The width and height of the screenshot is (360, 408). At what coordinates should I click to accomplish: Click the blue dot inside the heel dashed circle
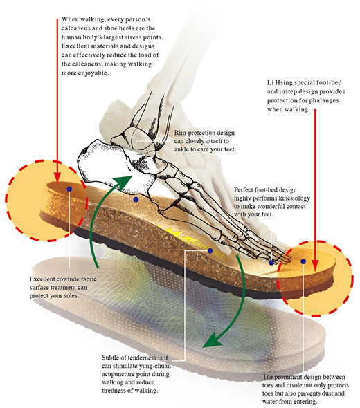tap(69, 189)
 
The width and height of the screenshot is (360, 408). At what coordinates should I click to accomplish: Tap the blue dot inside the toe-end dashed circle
tap(303, 261)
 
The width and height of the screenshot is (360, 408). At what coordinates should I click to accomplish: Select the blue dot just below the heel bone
tap(136, 200)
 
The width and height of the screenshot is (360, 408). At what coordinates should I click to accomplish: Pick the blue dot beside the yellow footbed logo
tap(210, 250)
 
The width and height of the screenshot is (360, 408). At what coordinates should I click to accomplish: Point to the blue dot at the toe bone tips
tap(271, 263)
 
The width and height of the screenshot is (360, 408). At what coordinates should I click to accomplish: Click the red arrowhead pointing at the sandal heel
tap(57, 178)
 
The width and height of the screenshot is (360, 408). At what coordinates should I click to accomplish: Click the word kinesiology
tap(294, 198)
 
